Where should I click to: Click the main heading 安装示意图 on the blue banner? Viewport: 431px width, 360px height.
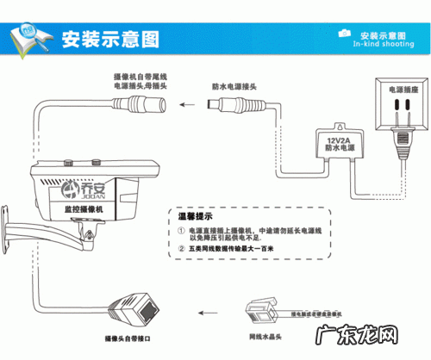click(109, 38)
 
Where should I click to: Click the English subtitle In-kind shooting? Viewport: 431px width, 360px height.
click(384, 41)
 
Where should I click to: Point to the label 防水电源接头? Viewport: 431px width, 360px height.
click(234, 87)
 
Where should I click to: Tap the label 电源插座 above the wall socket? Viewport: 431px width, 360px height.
click(403, 89)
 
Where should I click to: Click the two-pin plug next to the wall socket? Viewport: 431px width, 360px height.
click(403, 145)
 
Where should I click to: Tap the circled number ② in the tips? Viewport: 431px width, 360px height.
click(181, 251)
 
